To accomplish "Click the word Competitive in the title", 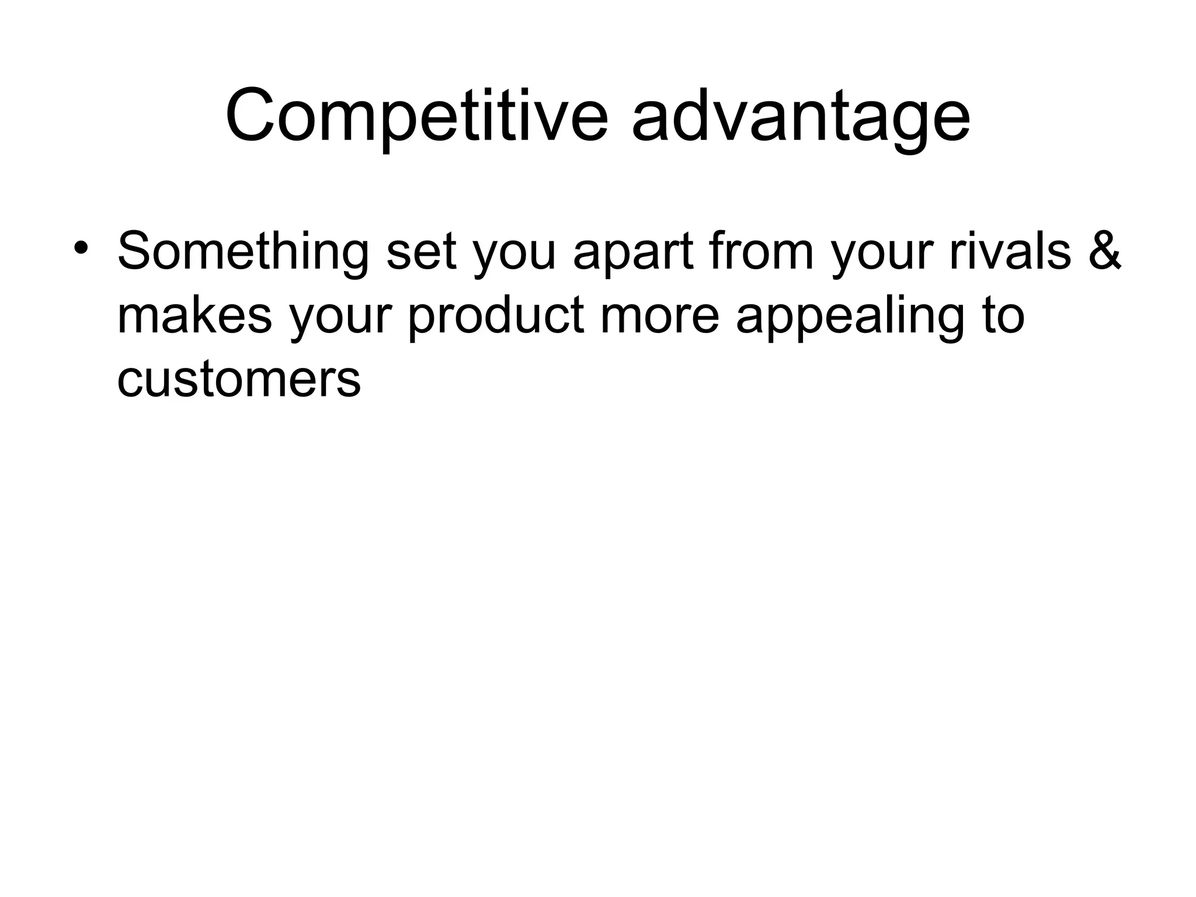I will point(416,116).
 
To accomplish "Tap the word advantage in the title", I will point(801,116).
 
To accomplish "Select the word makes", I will point(194,315).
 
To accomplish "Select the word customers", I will point(239,380).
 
